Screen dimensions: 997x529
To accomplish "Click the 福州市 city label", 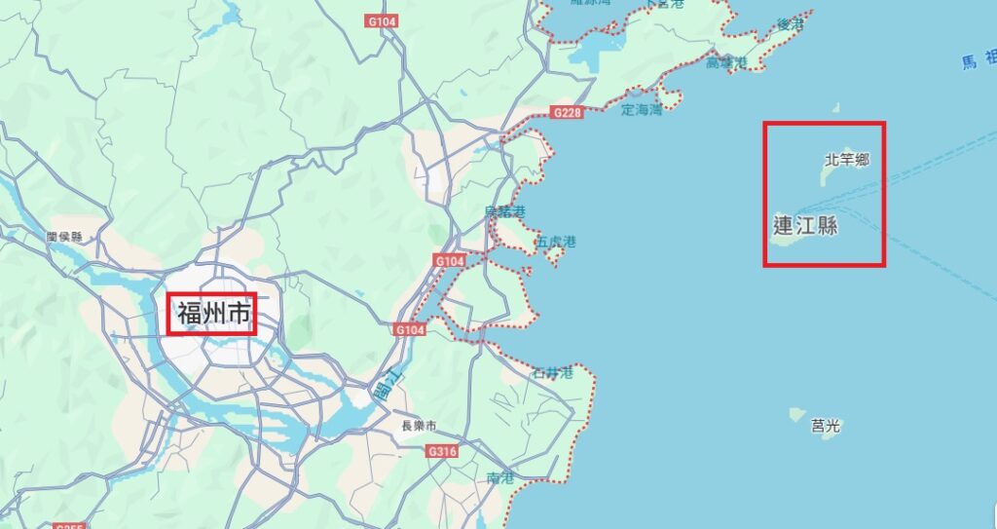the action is coord(212,314).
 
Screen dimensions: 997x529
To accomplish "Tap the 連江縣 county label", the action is coord(805,226).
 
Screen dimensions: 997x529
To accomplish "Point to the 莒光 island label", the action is coord(825,425).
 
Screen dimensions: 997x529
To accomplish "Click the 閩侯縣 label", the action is coord(64,237).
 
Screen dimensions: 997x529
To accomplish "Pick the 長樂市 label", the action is coord(419,426).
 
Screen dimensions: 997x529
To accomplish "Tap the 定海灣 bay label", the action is coord(641,110).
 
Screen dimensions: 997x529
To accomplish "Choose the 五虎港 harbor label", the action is coord(556,242).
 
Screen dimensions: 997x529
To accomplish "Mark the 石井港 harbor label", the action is coord(551,373).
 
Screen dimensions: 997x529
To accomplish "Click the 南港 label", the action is coord(499,477).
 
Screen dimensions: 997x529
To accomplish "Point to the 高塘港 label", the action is coord(725,62).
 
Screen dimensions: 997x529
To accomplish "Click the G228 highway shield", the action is coord(567,113).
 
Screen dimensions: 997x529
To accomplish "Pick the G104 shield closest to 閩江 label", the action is coord(411,330).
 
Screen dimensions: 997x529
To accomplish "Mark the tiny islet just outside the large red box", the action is coord(834,108).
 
